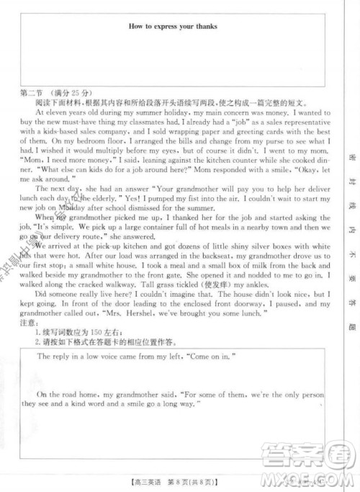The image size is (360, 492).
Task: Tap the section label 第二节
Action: click(33, 94)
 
